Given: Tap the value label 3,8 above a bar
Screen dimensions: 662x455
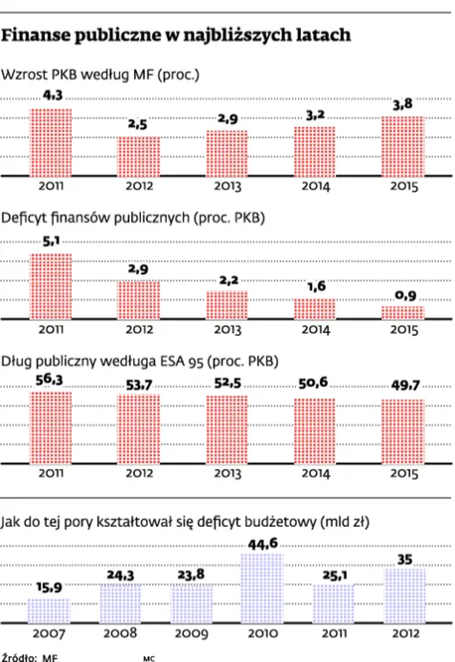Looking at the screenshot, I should pos(402,105).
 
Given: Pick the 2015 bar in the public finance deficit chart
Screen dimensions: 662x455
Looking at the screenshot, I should pos(402,311).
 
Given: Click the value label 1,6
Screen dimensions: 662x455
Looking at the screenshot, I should pos(314,287).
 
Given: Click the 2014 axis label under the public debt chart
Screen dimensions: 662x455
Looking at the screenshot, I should pos(314,475).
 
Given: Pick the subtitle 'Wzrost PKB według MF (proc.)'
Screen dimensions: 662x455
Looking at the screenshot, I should pos(100,75).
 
